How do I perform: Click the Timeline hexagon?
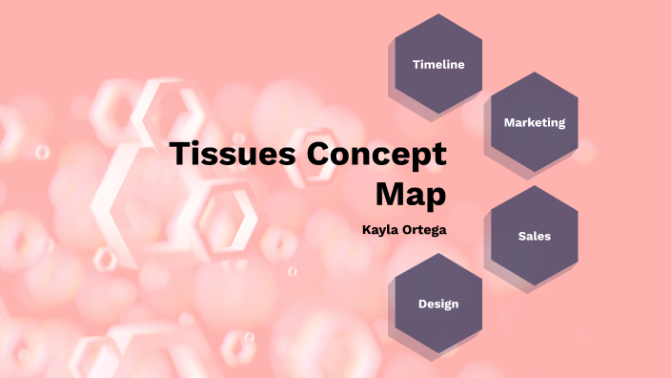pos(438,64)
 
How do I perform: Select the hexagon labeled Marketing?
pos(535,122)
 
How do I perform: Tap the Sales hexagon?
pos(535,235)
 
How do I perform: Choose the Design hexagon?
pos(438,304)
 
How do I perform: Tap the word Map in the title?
pos(411,195)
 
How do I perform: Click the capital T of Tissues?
pos(179,155)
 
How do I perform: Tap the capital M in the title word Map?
pos(391,194)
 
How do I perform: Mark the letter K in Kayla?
pos(366,229)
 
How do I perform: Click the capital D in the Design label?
pos(422,304)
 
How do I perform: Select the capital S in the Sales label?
pos(521,235)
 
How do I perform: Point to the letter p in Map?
pos(435,198)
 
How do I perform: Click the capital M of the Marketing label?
pos(509,122)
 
